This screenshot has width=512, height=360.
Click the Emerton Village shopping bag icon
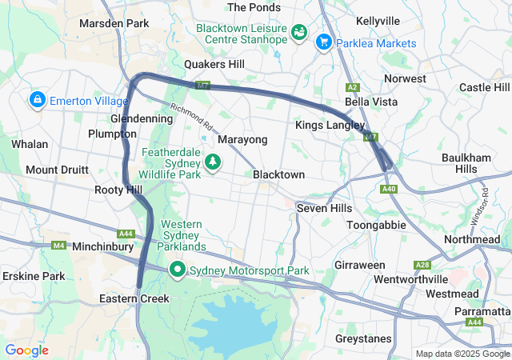click(36, 101)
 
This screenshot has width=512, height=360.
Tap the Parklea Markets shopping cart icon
click(324, 42)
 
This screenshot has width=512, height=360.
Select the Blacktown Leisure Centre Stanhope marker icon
click(299, 33)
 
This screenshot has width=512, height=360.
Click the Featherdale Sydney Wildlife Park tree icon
click(213, 162)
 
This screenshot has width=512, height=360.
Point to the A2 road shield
click(353, 86)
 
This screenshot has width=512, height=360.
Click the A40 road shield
click(390, 189)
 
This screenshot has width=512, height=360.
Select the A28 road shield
click(422, 265)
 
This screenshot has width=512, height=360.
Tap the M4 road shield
click(58, 246)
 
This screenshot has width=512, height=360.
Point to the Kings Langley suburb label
click(330, 126)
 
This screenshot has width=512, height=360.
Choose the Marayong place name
click(242, 139)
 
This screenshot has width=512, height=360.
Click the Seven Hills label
click(324, 207)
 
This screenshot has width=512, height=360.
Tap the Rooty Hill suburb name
click(118, 190)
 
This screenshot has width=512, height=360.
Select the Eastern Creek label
click(134, 298)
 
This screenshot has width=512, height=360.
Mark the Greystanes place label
click(364, 338)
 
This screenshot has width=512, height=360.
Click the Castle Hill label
click(484, 87)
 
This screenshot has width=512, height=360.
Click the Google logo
click(26, 350)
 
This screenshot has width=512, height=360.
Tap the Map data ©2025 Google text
click(462, 354)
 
